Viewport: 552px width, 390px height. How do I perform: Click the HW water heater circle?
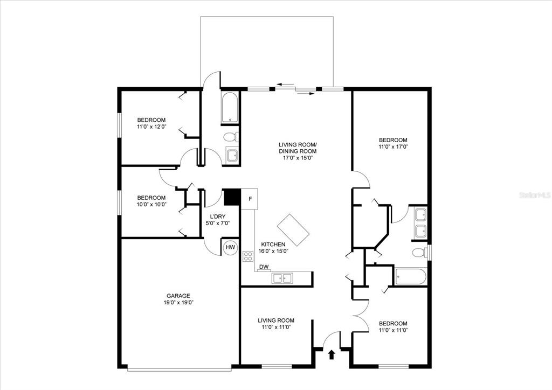pyautogui.click(x=230, y=247)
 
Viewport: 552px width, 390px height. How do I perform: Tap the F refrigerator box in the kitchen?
pyautogui.click(x=250, y=199)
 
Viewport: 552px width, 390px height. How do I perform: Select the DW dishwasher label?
pyautogui.click(x=264, y=267)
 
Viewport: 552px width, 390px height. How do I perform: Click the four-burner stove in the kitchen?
pyautogui.click(x=248, y=256)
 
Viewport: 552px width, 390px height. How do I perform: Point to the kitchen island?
pyautogui.click(x=293, y=230)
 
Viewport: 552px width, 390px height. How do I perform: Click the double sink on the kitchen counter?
pyautogui.click(x=282, y=278)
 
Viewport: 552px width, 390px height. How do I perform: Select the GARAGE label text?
pyautogui.click(x=178, y=296)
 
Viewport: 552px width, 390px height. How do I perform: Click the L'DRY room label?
pyautogui.click(x=218, y=217)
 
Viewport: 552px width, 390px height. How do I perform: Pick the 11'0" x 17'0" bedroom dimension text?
pyautogui.click(x=393, y=147)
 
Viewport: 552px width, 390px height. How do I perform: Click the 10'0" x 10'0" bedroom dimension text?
pyautogui.click(x=151, y=204)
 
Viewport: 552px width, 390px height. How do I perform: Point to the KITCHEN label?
pyautogui.click(x=273, y=245)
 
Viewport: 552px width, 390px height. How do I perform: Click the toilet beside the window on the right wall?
pyautogui.click(x=419, y=253)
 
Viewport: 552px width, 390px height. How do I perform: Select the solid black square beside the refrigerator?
pyautogui.click(x=232, y=197)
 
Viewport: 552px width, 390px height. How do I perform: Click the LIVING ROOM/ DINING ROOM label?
pyautogui.click(x=298, y=148)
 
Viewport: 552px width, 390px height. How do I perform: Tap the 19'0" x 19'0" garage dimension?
pyautogui.click(x=179, y=302)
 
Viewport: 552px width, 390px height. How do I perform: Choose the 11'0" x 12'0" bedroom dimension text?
pyautogui.click(x=151, y=127)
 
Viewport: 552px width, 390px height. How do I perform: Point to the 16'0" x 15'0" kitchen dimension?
pyautogui.click(x=273, y=251)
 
